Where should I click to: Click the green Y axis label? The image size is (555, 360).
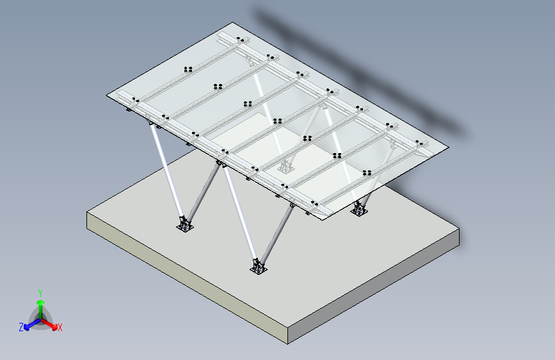click(x=40, y=293)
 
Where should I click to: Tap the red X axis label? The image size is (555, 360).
click(x=60, y=328)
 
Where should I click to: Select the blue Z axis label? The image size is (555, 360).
click(x=21, y=327)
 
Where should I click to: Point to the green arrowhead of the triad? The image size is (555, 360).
click(x=41, y=302)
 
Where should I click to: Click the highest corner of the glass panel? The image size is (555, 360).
click(x=232, y=22)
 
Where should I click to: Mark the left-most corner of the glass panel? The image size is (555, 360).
click(x=106, y=95)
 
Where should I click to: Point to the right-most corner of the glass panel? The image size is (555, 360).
click(x=449, y=147)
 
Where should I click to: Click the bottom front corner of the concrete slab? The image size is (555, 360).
click(x=288, y=344)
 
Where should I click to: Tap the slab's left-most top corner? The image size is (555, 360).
click(x=87, y=212)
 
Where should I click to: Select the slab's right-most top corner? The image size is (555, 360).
click(x=459, y=229)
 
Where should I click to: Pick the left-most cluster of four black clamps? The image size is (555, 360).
click(x=188, y=69)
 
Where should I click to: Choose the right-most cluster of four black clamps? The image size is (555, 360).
click(x=367, y=173)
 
